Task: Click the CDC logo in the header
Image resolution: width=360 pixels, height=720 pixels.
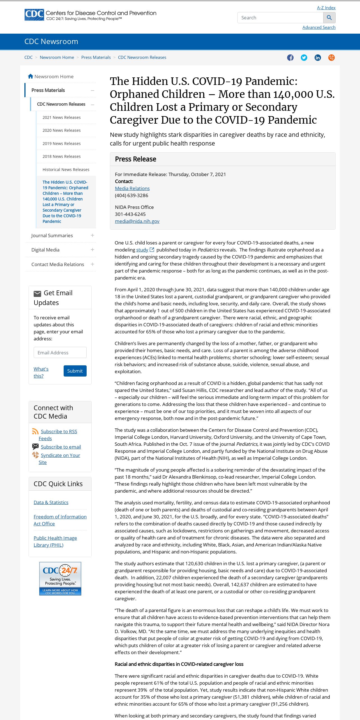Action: (34, 15)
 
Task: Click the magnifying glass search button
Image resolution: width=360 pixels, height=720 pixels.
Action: (329, 18)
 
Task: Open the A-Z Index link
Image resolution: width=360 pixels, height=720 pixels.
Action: (326, 8)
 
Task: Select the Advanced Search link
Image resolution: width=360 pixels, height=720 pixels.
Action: (319, 27)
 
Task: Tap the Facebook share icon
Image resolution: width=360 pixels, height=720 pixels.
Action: (290, 57)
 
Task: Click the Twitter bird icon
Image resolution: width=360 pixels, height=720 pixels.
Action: (304, 57)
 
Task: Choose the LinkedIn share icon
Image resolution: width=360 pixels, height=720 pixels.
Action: (318, 57)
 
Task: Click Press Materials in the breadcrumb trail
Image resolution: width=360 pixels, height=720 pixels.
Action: (96, 57)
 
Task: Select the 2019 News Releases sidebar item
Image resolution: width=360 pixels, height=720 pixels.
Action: (61, 143)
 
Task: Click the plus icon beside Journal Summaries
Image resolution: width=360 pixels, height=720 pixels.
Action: (92, 236)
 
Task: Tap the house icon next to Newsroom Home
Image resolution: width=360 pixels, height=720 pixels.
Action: (31, 76)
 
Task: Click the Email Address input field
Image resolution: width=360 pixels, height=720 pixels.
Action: (60, 352)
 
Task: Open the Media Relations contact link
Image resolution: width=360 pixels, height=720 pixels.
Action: (132, 188)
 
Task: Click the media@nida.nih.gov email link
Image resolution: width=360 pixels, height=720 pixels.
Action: (137, 221)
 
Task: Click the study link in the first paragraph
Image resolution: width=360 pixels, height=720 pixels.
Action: (142, 250)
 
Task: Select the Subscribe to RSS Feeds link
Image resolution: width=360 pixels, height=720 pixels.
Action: (59, 431)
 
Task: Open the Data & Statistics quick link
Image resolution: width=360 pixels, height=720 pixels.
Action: (51, 502)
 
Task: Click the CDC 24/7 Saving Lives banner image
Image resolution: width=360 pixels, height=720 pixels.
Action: (60, 578)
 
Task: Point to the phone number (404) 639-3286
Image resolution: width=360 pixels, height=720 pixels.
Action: (131, 195)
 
